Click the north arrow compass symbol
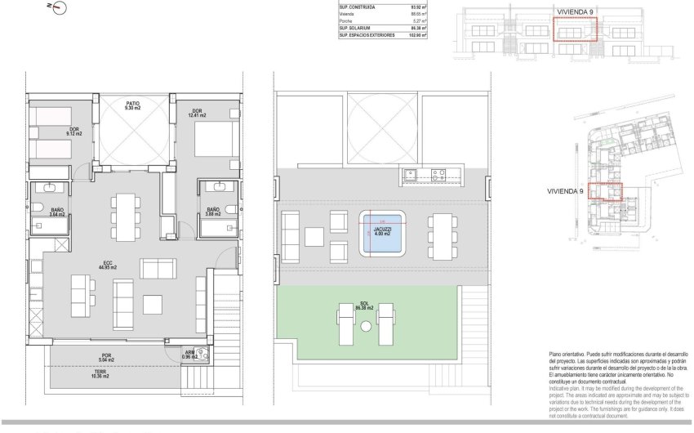[x=58, y=8]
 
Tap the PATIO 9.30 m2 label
[x=132, y=105]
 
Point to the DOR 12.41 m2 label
[x=197, y=114]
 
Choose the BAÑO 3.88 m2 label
[x=213, y=212]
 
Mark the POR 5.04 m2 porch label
[x=107, y=356]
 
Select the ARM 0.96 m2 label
[x=190, y=356]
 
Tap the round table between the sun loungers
[x=365, y=326]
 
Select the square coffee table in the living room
[x=153, y=305]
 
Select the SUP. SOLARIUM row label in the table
[x=356, y=29]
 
